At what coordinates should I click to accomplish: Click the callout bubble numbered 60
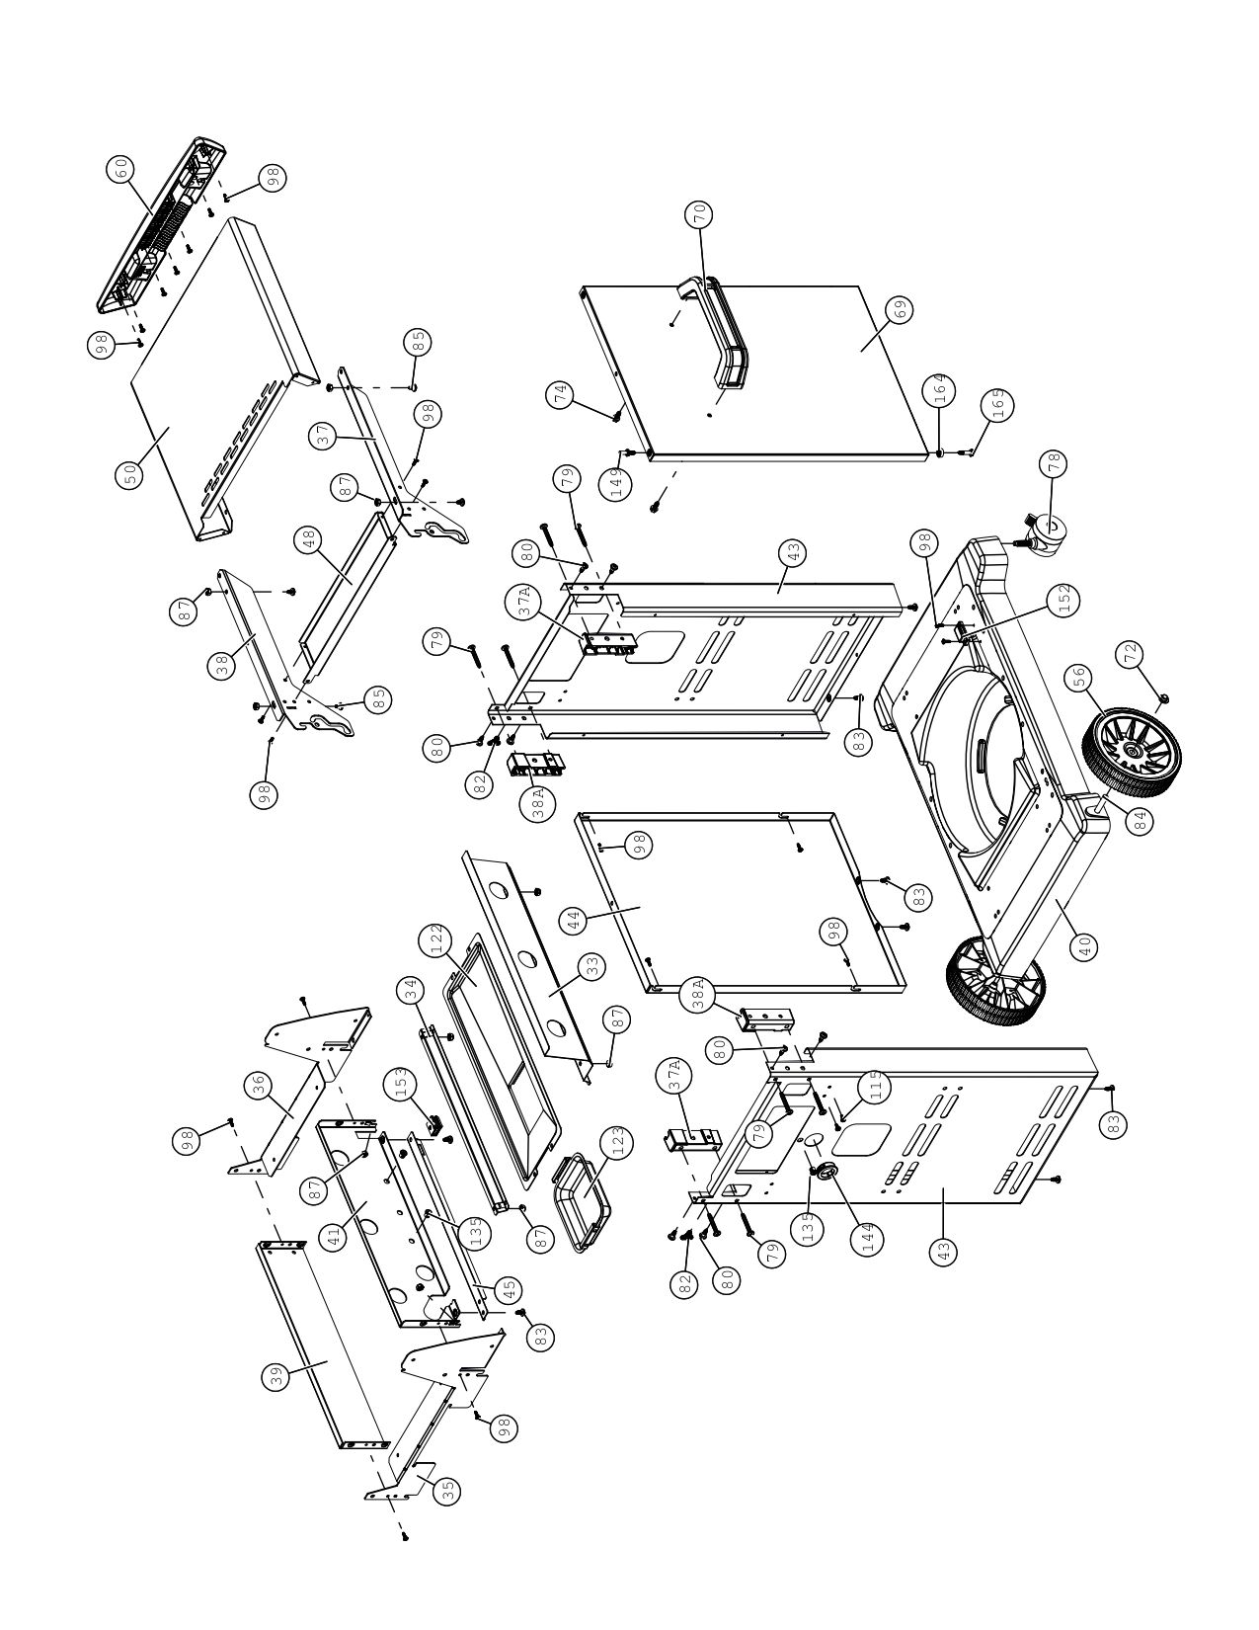tap(122, 171)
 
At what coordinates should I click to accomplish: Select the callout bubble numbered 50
tap(130, 475)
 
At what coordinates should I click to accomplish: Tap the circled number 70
tap(699, 215)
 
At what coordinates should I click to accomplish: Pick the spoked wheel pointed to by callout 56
tap(1131, 753)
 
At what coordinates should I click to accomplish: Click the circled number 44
tap(574, 921)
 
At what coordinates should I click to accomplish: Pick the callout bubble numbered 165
tap(998, 405)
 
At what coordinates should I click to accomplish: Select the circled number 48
tap(310, 541)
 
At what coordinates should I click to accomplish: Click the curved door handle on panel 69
tap(715, 332)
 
